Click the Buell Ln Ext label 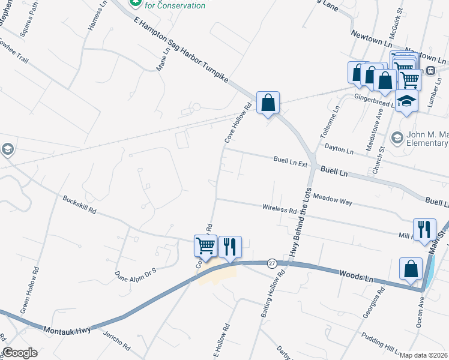pyautogui.click(x=290, y=161)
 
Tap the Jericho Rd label pyautogui.click(x=116, y=340)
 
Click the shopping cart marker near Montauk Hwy pyautogui.click(x=205, y=247)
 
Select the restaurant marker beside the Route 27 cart pyautogui.click(x=230, y=247)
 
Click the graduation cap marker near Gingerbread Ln pyautogui.click(x=406, y=102)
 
